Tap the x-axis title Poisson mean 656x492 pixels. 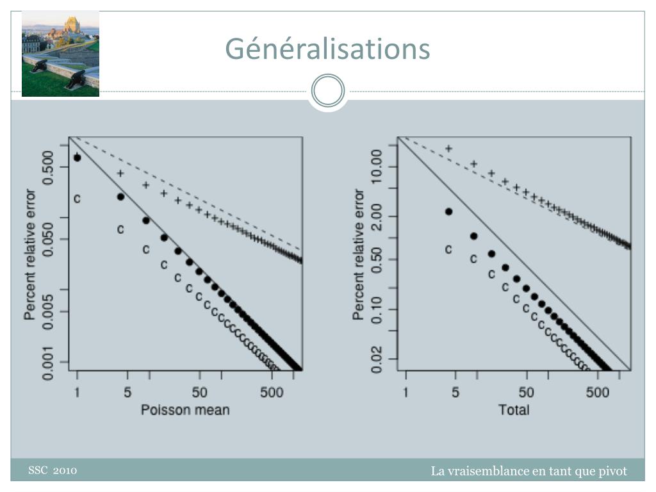(185, 410)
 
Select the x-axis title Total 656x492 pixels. (514, 410)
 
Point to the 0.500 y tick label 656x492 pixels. (48, 167)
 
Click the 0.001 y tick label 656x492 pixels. (48, 363)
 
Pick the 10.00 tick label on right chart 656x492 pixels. (377, 167)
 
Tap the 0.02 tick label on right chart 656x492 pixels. (377, 359)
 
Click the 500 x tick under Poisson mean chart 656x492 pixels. (272, 393)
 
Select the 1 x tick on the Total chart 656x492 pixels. (406, 393)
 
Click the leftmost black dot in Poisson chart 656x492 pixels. (77, 158)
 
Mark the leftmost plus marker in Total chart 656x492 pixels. (448, 149)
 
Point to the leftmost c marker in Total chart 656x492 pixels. (448, 250)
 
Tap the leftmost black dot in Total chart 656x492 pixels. (448, 211)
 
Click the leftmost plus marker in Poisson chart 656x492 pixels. (120, 173)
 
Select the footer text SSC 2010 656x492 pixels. (53, 470)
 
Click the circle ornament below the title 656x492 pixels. (328, 90)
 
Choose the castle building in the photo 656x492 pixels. (71, 26)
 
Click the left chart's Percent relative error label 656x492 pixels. (30, 254)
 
